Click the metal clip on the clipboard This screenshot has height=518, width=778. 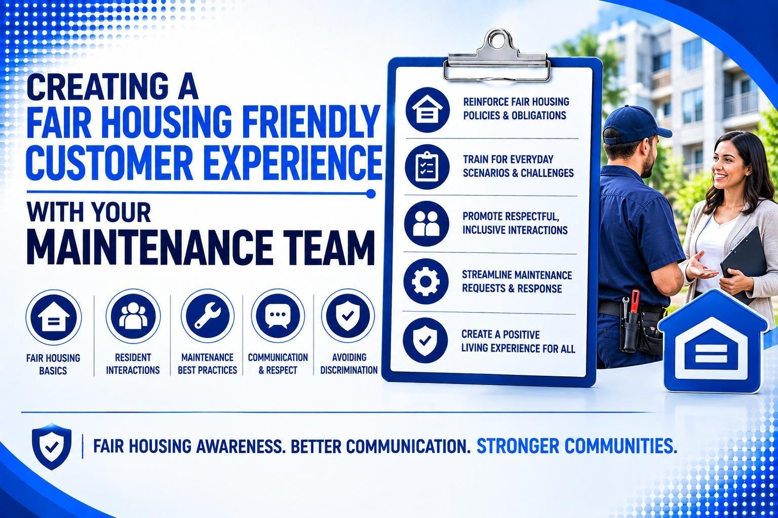click(x=497, y=57)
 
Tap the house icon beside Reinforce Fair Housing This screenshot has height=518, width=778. click(x=427, y=110)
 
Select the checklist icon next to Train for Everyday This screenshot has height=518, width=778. click(x=427, y=166)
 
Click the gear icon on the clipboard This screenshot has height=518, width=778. click(x=426, y=281)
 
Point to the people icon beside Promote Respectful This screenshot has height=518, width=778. click(x=426, y=224)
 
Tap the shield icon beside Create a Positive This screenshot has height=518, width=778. click(x=425, y=340)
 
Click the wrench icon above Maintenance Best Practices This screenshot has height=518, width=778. click(x=207, y=316)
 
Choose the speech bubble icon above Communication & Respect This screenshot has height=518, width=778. click(x=278, y=316)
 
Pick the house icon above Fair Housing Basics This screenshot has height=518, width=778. click(x=54, y=317)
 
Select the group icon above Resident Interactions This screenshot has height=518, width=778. click(x=133, y=316)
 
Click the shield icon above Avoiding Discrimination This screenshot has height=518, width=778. click(x=347, y=315)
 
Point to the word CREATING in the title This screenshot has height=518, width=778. click(x=88, y=87)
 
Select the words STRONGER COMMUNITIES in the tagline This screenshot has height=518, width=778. click(x=576, y=446)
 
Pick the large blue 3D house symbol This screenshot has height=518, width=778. click(x=712, y=342)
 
